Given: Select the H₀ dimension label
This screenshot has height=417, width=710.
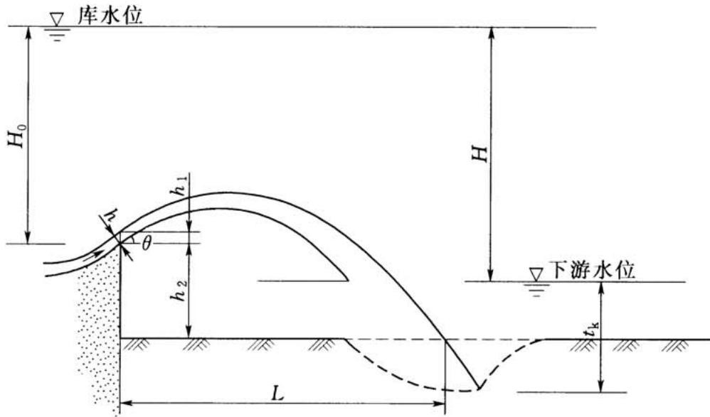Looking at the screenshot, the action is (x=18, y=135).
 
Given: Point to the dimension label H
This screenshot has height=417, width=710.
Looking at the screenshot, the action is (x=479, y=153).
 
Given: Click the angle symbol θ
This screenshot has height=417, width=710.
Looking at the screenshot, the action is (x=146, y=244).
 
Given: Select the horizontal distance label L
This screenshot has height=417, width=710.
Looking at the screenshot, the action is (x=277, y=394).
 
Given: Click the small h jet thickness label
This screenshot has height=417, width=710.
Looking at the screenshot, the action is (x=112, y=215).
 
